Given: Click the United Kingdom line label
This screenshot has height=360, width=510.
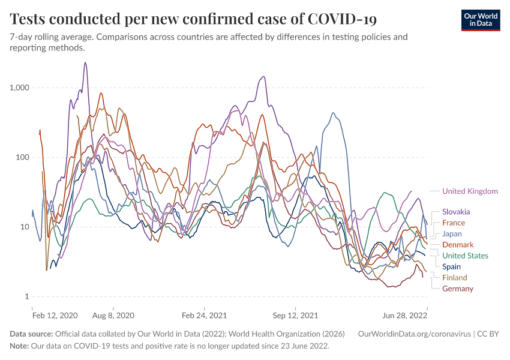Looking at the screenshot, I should click(x=470, y=191).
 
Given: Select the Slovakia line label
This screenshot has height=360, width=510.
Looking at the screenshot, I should click(x=456, y=212).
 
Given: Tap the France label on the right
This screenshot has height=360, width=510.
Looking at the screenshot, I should click(x=454, y=223).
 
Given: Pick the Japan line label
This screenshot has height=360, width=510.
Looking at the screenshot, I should click(x=452, y=233).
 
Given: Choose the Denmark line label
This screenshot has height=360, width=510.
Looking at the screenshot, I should click(x=458, y=245).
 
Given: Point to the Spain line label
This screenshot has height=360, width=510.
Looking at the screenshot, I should click(x=451, y=266).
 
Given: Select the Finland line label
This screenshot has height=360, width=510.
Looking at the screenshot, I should click(x=454, y=278).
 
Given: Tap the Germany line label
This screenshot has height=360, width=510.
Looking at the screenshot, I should click(x=458, y=289).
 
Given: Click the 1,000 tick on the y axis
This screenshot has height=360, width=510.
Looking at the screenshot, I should click(x=20, y=88).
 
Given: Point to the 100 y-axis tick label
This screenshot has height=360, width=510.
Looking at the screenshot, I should click(x=23, y=157).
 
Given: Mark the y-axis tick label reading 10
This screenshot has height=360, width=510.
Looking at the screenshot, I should click(x=25, y=227).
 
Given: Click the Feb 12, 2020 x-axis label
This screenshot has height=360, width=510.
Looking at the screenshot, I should click(x=55, y=314).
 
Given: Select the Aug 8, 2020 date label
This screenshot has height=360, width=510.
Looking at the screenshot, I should click(x=112, y=314).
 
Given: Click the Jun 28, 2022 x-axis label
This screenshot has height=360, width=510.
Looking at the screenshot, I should click(x=406, y=314).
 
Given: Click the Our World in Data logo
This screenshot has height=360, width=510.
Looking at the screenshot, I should click(x=481, y=20).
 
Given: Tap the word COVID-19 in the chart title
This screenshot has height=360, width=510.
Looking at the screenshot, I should click(x=342, y=19).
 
